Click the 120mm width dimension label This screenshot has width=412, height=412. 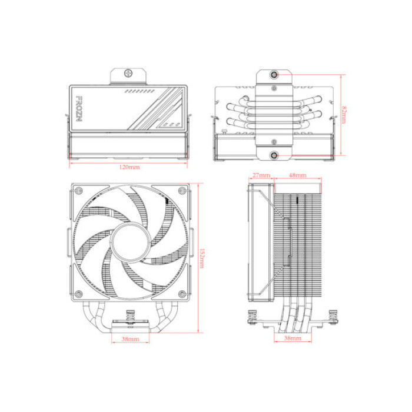(x=129, y=168)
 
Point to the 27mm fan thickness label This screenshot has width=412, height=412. (x=260, y=175)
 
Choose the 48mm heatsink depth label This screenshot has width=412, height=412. (x=297, y=175)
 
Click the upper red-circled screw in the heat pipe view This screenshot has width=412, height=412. (x=275, y=75)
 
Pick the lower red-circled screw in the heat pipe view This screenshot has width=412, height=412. (x=275, y=155)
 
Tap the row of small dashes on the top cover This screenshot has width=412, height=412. (x=139, y=92)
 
